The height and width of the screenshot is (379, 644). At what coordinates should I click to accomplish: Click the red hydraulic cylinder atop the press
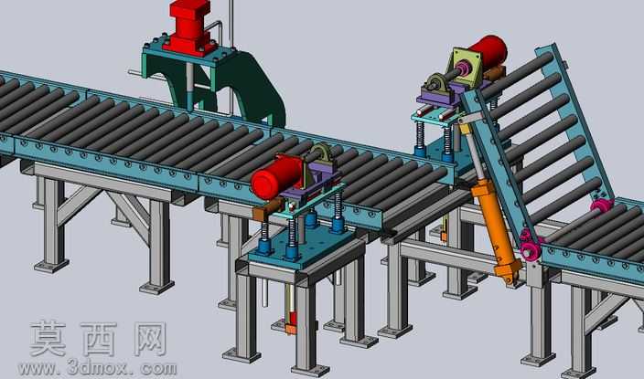click(x=189, y=26)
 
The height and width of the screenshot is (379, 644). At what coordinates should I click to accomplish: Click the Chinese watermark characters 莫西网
click(x=98, y=339)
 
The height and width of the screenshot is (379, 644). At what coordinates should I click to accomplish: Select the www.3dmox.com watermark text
click(x=98, y=369)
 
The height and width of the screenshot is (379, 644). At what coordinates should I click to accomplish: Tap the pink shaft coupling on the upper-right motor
click(x=463, y=68)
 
